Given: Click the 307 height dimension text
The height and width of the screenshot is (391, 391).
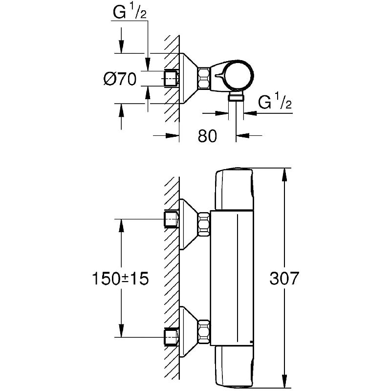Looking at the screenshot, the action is (x=284, y=278).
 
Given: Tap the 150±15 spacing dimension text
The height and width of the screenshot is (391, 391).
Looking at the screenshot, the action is (x=120, y=278).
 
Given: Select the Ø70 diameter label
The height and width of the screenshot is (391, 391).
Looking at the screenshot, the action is (x=120, y=79).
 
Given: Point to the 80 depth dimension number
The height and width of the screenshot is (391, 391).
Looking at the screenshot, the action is (x=207, y=136).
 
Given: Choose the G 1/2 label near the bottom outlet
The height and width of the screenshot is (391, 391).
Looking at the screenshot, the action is (x=275, y=101).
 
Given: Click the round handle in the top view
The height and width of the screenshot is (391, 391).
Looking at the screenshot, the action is (x=239, y=75).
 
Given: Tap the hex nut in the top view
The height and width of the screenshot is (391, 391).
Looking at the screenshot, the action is (x=204, y=78).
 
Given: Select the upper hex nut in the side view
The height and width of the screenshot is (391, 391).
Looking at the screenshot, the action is (x=204, y=224).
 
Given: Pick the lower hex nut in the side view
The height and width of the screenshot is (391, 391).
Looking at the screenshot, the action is (x=204, y=331).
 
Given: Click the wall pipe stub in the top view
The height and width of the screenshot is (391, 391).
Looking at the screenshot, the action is (x=172, y=78).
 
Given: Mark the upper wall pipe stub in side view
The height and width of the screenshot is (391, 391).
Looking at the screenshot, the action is (x=172, y=219).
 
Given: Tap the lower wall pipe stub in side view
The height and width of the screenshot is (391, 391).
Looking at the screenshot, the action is (x=172, y=337).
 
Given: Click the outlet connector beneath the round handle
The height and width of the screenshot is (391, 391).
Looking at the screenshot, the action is (x=236, y=96).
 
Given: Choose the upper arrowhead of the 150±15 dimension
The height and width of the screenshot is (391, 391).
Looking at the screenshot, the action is (x=121, y=226).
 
